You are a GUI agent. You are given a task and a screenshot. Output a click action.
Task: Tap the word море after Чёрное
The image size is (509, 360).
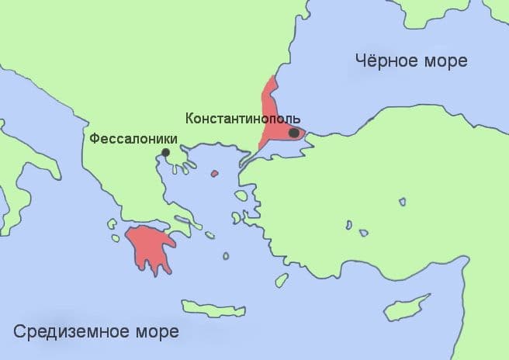[x=443, y=61]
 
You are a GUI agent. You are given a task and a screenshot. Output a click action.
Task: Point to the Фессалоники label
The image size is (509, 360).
[x=133, y=139]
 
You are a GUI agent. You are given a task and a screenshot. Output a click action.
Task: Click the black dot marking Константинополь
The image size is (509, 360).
[x=293, y=133]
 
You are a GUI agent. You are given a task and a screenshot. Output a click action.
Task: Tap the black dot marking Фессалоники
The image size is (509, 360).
[x=165, y=152]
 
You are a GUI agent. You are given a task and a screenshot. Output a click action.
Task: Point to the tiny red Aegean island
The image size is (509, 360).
[x=214, y=174]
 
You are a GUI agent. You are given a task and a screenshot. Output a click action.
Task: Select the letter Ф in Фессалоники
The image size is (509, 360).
[x=95, y=139]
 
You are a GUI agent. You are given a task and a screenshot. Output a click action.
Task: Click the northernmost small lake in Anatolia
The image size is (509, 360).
[x=401, y=202]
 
